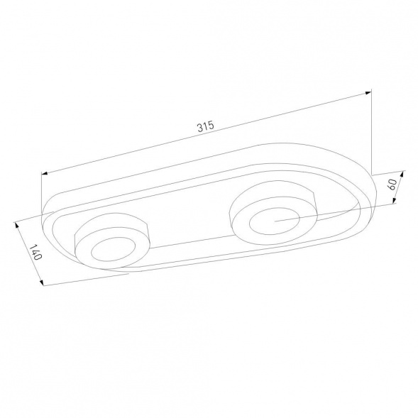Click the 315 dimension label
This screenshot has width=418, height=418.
pyautogui.click(x=206, y=126)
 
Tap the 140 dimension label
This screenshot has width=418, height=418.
pyautogui.click(x=35, y=252)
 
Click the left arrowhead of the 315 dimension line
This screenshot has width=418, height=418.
pyautogui.click(x=45, y=174)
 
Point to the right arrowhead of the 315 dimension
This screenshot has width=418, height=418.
pyautogui.click(x=368, y=93)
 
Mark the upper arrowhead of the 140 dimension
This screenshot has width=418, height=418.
pyautogui.click(x=18, y=226)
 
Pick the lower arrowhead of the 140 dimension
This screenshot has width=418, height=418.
pyautogui.click(x=41, y=282)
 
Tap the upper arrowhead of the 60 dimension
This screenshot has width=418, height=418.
pyautogui.click(x=402, y=174)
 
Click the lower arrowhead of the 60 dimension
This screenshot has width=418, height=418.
pyautogui.click(x=395, y=200)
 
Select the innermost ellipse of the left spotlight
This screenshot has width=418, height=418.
pyautogui.click(x=113, y=237)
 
